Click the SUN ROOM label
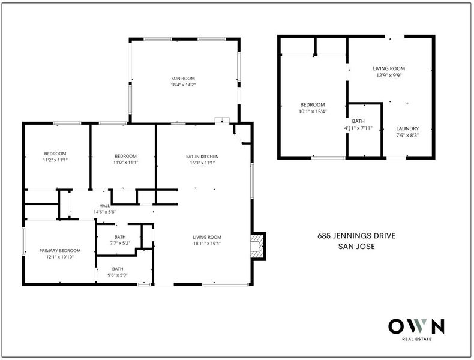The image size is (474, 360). (x=183, y=79)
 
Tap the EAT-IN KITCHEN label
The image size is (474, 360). (x=202, y=157)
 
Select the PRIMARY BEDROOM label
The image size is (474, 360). (x=60, y=251)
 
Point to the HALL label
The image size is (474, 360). (x=104, y=206)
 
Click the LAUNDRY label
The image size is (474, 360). (x=407, y=128)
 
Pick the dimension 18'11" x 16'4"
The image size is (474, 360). (x=207, y=244)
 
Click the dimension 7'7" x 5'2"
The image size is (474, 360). (x=120, y=243)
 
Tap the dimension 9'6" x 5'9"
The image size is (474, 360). (x=118, y=275)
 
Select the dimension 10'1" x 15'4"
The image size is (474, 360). (x=313, y=111)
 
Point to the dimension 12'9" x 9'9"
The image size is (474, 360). (x=389, y=75)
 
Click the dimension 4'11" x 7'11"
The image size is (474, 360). (x=358, y=128)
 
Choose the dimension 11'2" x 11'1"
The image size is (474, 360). (x=55, y=160)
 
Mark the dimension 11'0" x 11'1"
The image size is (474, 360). (x=126, y=163)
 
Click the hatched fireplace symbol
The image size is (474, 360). (x=257, y=247)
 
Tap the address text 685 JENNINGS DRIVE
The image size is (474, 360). (x=356, y=236)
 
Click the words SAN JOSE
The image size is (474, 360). (x=356, y=247)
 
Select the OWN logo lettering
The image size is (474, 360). (x=416, y=326)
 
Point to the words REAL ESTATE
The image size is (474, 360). (x=416, y=339)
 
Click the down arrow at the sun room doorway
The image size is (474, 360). (x=222, y=121)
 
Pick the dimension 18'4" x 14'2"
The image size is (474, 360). (x=183, y=85)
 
